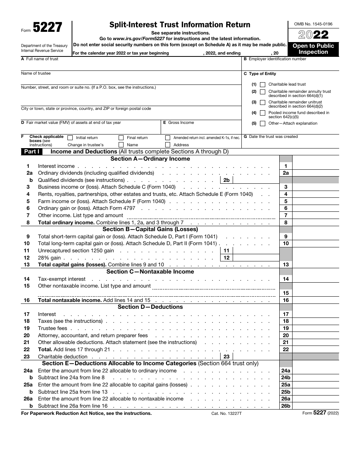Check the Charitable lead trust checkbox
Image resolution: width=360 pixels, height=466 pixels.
(263, 84)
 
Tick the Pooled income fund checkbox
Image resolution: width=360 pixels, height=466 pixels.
(263, 113)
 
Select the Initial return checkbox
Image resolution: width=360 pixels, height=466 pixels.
(70, 138)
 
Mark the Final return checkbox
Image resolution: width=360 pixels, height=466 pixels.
(121, 138)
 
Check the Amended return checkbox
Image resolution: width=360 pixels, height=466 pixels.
(167, 138)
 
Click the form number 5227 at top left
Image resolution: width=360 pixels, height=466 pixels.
(48, 28)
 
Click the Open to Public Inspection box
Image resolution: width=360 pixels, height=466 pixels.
(313, 49)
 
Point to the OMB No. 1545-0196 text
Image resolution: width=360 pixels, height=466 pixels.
(313, 24)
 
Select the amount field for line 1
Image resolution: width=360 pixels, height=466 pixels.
(315, 166)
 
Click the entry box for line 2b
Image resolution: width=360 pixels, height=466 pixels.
(256, 180)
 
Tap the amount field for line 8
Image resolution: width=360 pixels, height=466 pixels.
(315, 222)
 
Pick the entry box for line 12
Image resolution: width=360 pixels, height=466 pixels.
(256, 258)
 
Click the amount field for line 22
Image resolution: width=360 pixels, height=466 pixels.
(315, 349)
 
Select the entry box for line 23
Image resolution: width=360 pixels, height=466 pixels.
(256, 357)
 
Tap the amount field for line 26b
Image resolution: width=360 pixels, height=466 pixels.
(315, 406)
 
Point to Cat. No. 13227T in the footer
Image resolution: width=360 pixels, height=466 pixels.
(226, 413)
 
